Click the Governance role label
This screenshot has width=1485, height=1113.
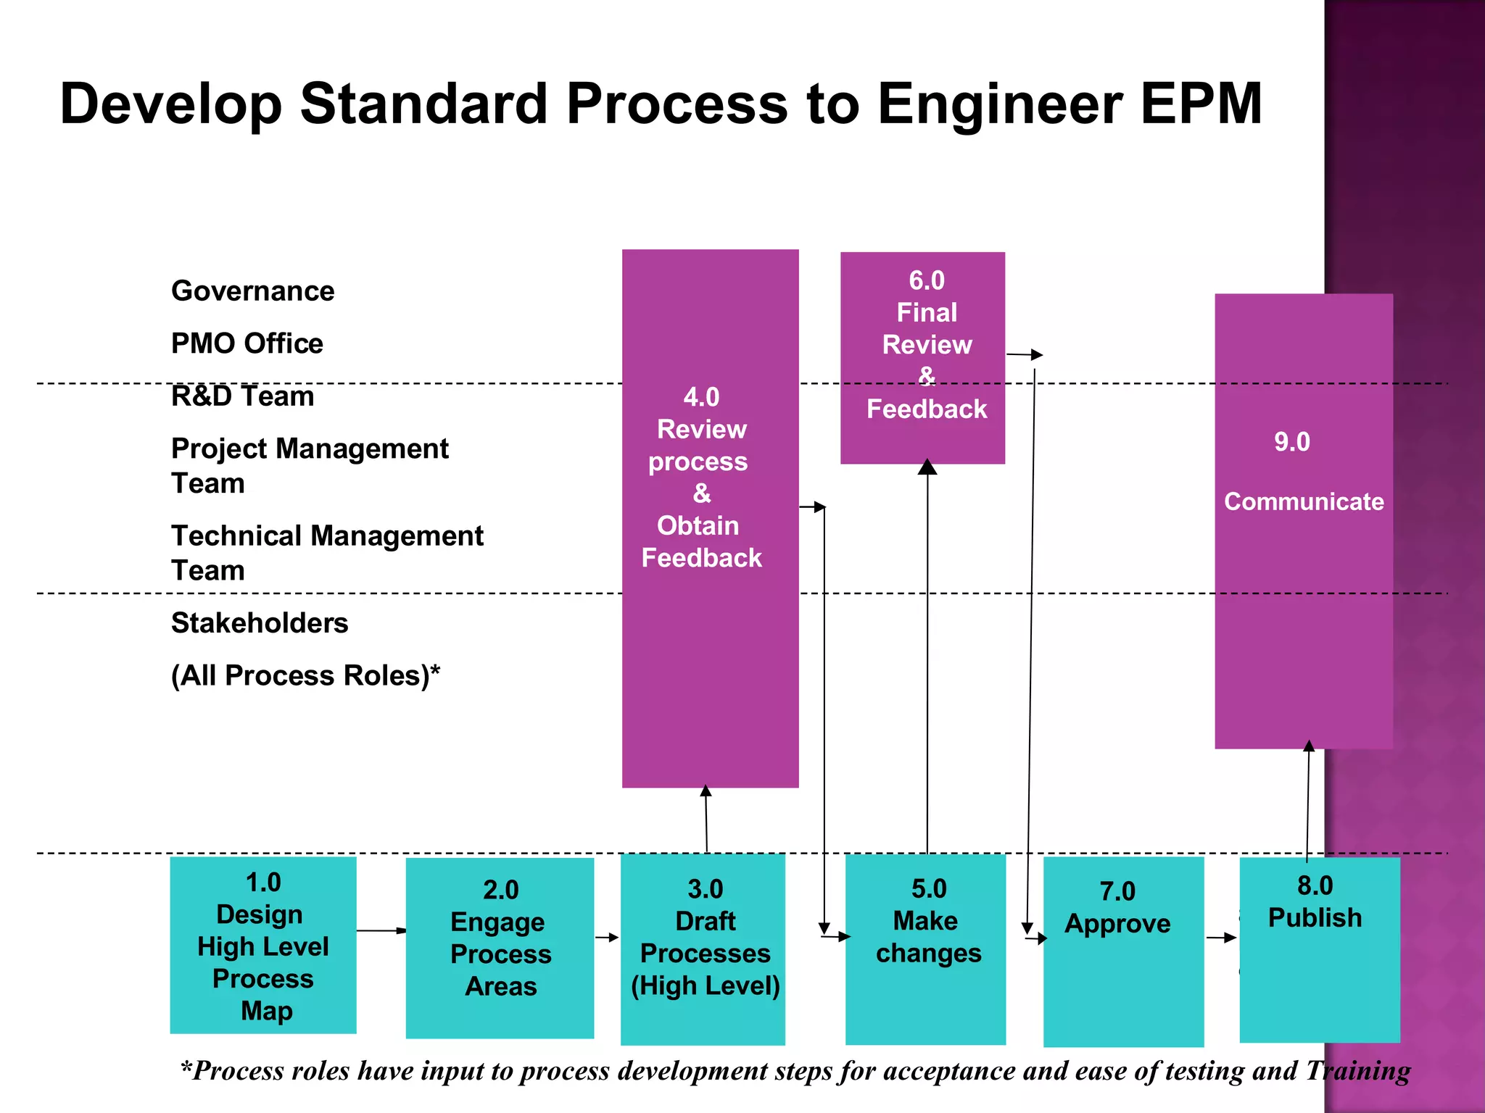[252, 291]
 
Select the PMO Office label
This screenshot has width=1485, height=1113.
[247, 343]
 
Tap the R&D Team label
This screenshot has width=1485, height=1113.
[242, 396]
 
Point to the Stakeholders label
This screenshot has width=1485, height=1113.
[260, 623]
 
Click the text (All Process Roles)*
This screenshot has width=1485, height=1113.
[305, 675]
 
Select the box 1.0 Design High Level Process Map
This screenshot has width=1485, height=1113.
[263, 946]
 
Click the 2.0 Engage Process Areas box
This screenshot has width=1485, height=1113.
[500, 948]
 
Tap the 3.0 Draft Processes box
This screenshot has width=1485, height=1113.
[703, 949]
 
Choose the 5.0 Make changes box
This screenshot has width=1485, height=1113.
[926, 949]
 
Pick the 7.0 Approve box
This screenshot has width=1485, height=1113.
[1123, 951]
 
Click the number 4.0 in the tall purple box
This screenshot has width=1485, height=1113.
[701, 397]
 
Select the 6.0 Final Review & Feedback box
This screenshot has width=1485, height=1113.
[922, 358]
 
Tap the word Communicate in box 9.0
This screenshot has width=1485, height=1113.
[1304, 501]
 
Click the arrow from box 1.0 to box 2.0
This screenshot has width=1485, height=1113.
[381, 930]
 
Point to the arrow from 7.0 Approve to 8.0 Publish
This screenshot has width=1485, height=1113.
[1221, 938]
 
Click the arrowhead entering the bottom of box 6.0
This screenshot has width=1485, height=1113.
[927, 467]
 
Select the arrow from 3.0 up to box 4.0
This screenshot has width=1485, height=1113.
[706, 819]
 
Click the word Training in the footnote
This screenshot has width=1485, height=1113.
[1358, 1071]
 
